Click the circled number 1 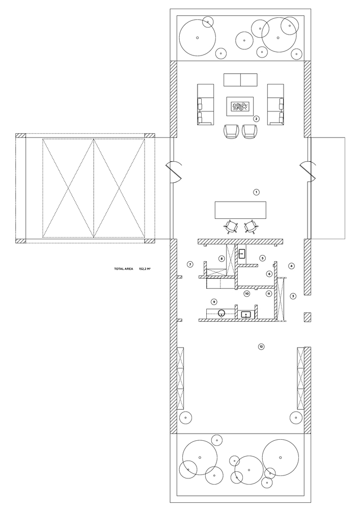pyautogui.click(x=257, y=192)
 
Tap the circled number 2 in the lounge pyautogui.click(x=256, y=119)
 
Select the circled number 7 pyautogui.click(x=190, y=264)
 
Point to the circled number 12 pyautogui.click(x=261, y=347)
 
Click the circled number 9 pyautogui.click(x=214, y=302)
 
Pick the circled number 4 pyautogui.click(x=291, y=266)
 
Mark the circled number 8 pyautogui.click(x=221, y=259)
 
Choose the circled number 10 pyautogui.click(x=247, y=294)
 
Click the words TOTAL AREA pyautogui.click(x=123, y=269)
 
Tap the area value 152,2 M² pyautogui.click(x=145, y=269)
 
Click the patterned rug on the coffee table pyautogui.click(x=240, y=107)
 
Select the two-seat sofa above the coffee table pyautogui.click(x=240, y=80)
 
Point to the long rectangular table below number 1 pyautogui.click(x=240, y=210)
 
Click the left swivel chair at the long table pyautogui.click(x=231, y=227)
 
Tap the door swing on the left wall pyautogui.click(x=174, y=172)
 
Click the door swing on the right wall pyautogui.click(x=308, y=172)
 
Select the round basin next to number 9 pyautogui.click(x=221, y=314)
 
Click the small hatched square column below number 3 pyautogui.click(x=308, y=317)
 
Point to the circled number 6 pyautogui.click(x=269, y=274)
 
